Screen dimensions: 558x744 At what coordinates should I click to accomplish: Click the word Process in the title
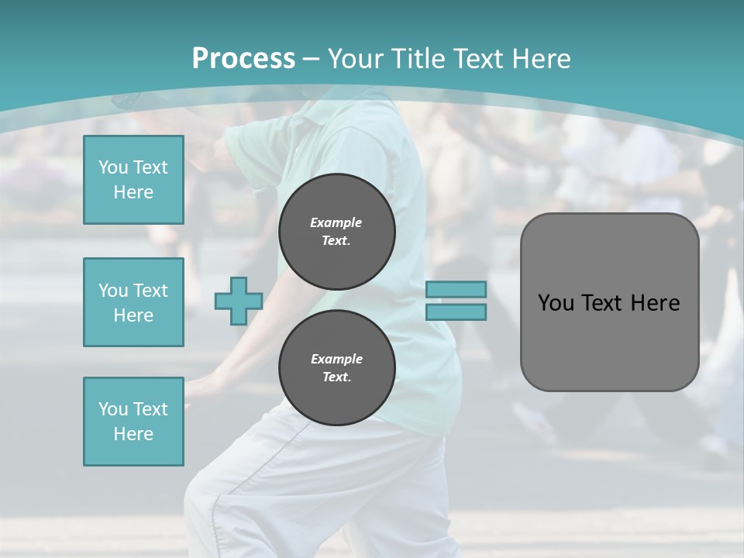click(x=243, y=59)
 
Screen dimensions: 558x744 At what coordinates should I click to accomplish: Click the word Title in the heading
click(x=418, y=59)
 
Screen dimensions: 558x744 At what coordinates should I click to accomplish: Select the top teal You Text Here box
click(x=133, y=180)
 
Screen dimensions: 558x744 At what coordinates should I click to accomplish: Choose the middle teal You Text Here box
click(x=133, y=302)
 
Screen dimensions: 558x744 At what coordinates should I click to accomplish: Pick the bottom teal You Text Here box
click(x=133, y=422)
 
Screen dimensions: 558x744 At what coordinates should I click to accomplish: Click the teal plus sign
click(x=238, y=301)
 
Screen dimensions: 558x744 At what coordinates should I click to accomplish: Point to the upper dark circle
click(x=337, y=232)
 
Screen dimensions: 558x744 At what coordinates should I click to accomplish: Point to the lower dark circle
click(x=337, y=368)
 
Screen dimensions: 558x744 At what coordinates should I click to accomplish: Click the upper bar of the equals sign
click(x=456, y=290)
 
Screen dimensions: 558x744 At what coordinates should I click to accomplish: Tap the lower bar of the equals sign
click(x=456, y=312)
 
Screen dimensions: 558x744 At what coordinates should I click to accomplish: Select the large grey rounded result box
click(x=609, y=302)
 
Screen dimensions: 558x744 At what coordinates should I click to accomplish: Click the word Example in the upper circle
click(x=336, y=222)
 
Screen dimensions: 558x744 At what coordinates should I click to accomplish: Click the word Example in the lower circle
click(x=336, y=359)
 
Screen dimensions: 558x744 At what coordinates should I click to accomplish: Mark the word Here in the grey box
click(x=655, y=303)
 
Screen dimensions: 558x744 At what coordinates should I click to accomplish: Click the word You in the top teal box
click(x=112, y=167)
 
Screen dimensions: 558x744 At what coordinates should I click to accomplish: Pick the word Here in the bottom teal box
click(x=133, y=434)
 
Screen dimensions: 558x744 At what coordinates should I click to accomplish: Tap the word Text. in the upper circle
click(x=336, y=241)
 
